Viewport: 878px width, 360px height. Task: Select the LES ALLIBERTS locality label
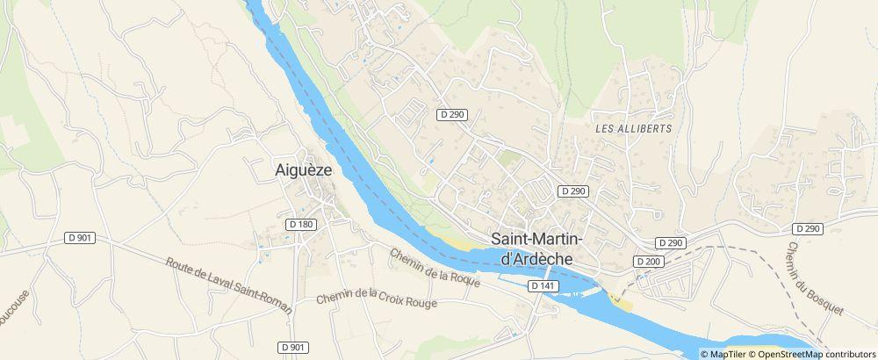click(633, 128)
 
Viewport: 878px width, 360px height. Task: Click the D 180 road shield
click(300, 224)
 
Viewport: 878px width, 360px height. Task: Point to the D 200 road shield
click(648, 262)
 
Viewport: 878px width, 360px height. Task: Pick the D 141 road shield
click(543, 286)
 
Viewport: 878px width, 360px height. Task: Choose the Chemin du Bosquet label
click(815, 279)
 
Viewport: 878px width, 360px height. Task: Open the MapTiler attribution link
click(727, 354)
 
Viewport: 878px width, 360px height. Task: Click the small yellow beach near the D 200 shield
click(623, 304)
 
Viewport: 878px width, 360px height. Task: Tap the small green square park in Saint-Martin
click(509, 159)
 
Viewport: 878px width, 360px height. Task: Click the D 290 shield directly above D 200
click(670, 242)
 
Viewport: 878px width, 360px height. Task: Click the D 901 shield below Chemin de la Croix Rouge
click(293, 348)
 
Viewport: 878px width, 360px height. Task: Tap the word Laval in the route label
click(219, 279)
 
